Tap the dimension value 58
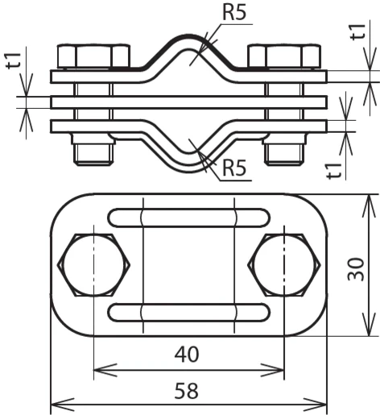pos(188,392)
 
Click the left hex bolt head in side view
pos(94,56)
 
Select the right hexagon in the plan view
pos(283,264)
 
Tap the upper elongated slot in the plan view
pos(189,217)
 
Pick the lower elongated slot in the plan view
pos(189,312)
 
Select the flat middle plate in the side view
pos(189,102)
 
